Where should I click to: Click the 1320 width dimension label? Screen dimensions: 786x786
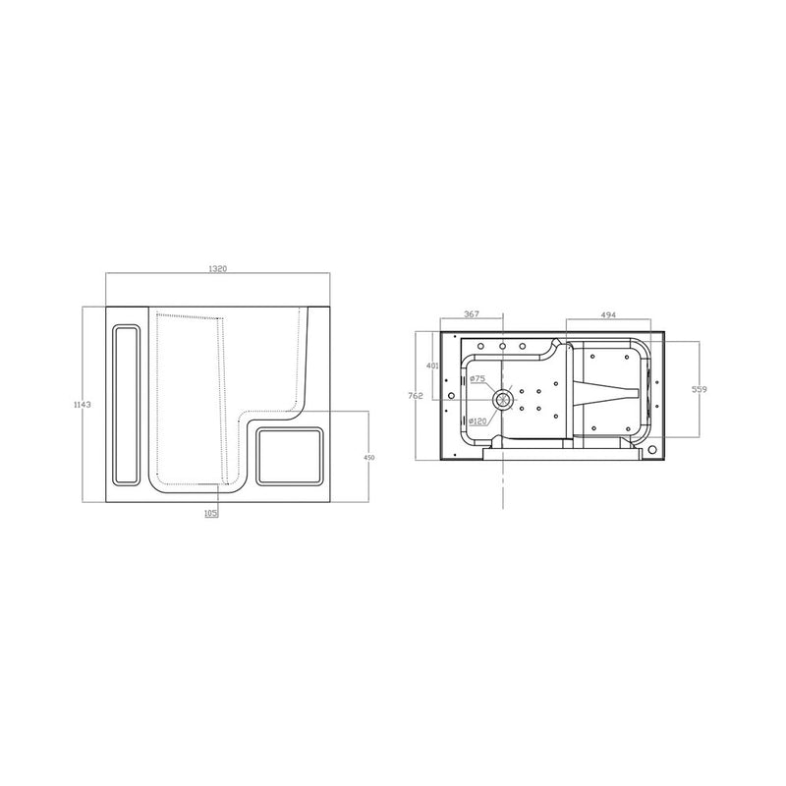click(x=217, y=268)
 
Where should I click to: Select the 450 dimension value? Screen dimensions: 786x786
click(x=370, y=458)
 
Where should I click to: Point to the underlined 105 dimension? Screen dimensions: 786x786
click(x=210, y=512)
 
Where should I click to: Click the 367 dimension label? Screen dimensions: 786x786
click(x=471, y=314)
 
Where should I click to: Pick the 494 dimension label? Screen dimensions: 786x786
click(x=607, y=314)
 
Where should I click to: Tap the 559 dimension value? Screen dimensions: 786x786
click(x=699, y=390)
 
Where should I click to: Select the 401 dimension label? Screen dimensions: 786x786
click(x=431, y=365)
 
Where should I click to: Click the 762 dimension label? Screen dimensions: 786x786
click(x=416, y=397)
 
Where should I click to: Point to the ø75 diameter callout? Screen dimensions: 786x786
click(x=478, y=378)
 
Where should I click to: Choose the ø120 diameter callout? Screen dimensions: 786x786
click(x=477, y=421)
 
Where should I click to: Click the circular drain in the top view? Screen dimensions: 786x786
click(x=503, y=398)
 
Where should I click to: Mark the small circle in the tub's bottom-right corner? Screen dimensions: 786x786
click(x=653, y=451)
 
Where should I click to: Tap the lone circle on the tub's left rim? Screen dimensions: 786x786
click(x=451, y=397)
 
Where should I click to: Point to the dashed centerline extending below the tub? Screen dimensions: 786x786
click(x=503, y=486)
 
